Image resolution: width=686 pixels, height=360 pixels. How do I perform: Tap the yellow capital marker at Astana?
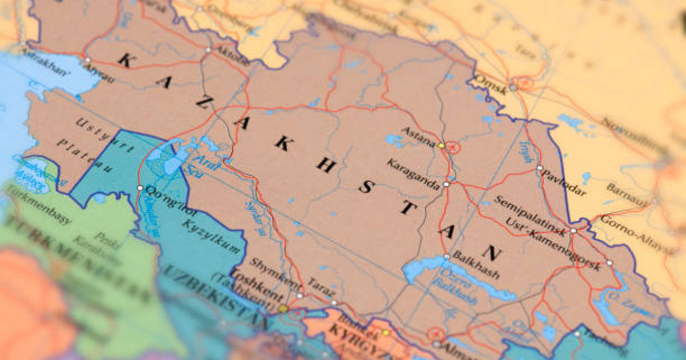[x=441, y=146]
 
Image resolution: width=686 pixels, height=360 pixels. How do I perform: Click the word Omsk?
[x=491, y=84]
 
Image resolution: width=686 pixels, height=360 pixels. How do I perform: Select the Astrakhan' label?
[x=46, y=59]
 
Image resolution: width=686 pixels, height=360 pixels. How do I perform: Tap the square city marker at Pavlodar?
[x=539, y=168]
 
